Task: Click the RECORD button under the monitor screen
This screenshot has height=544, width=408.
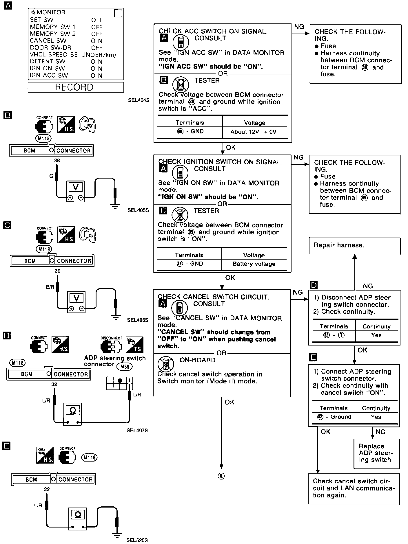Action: pos(76,87)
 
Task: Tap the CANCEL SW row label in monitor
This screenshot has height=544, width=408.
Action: pos(48,41)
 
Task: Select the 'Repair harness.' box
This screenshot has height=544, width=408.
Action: pos(355,246)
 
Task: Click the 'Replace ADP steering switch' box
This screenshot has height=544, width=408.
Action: pos(376,453)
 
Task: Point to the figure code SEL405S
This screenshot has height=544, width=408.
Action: pos(138,210)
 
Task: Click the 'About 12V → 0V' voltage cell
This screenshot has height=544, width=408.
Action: pos(254,132)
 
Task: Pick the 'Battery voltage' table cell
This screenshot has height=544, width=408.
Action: pos(254,264)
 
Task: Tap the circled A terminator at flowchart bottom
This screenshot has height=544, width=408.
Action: pos(221,476)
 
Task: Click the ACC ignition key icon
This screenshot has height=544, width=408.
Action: pos(88,124)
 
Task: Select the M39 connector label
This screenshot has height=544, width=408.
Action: pos(124,367)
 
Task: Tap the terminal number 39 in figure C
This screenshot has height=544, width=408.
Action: pos(58,271)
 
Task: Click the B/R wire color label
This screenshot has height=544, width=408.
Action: pos(50,287)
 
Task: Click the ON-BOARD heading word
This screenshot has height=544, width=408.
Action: pos(198,360)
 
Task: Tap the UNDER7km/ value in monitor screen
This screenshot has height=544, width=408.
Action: pos(99,55)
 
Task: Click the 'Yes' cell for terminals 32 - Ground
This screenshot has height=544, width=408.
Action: pos(376,417)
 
